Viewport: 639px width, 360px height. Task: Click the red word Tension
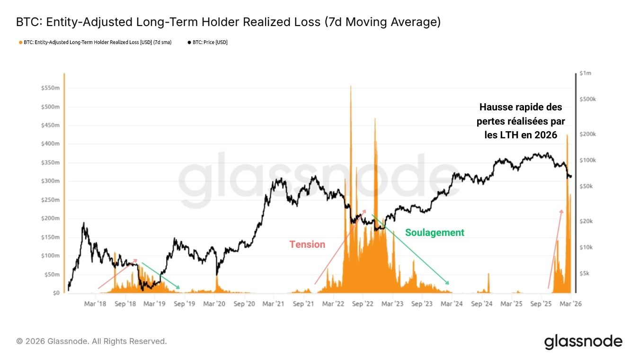(307, 244)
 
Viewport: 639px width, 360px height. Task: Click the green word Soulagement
(435, 233)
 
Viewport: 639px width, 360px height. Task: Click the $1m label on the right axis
(585, 73)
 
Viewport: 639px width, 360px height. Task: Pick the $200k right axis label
(588, 134)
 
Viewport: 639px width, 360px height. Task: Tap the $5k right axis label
(585, 273)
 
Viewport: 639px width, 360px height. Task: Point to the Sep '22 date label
(363, 304)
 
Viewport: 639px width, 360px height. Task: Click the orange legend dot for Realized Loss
(20, 43)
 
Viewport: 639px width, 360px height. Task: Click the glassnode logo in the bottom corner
(583, 342)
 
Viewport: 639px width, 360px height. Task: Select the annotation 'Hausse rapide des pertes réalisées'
(521, 121)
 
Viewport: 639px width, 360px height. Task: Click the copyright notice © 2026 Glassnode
(91, 341)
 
